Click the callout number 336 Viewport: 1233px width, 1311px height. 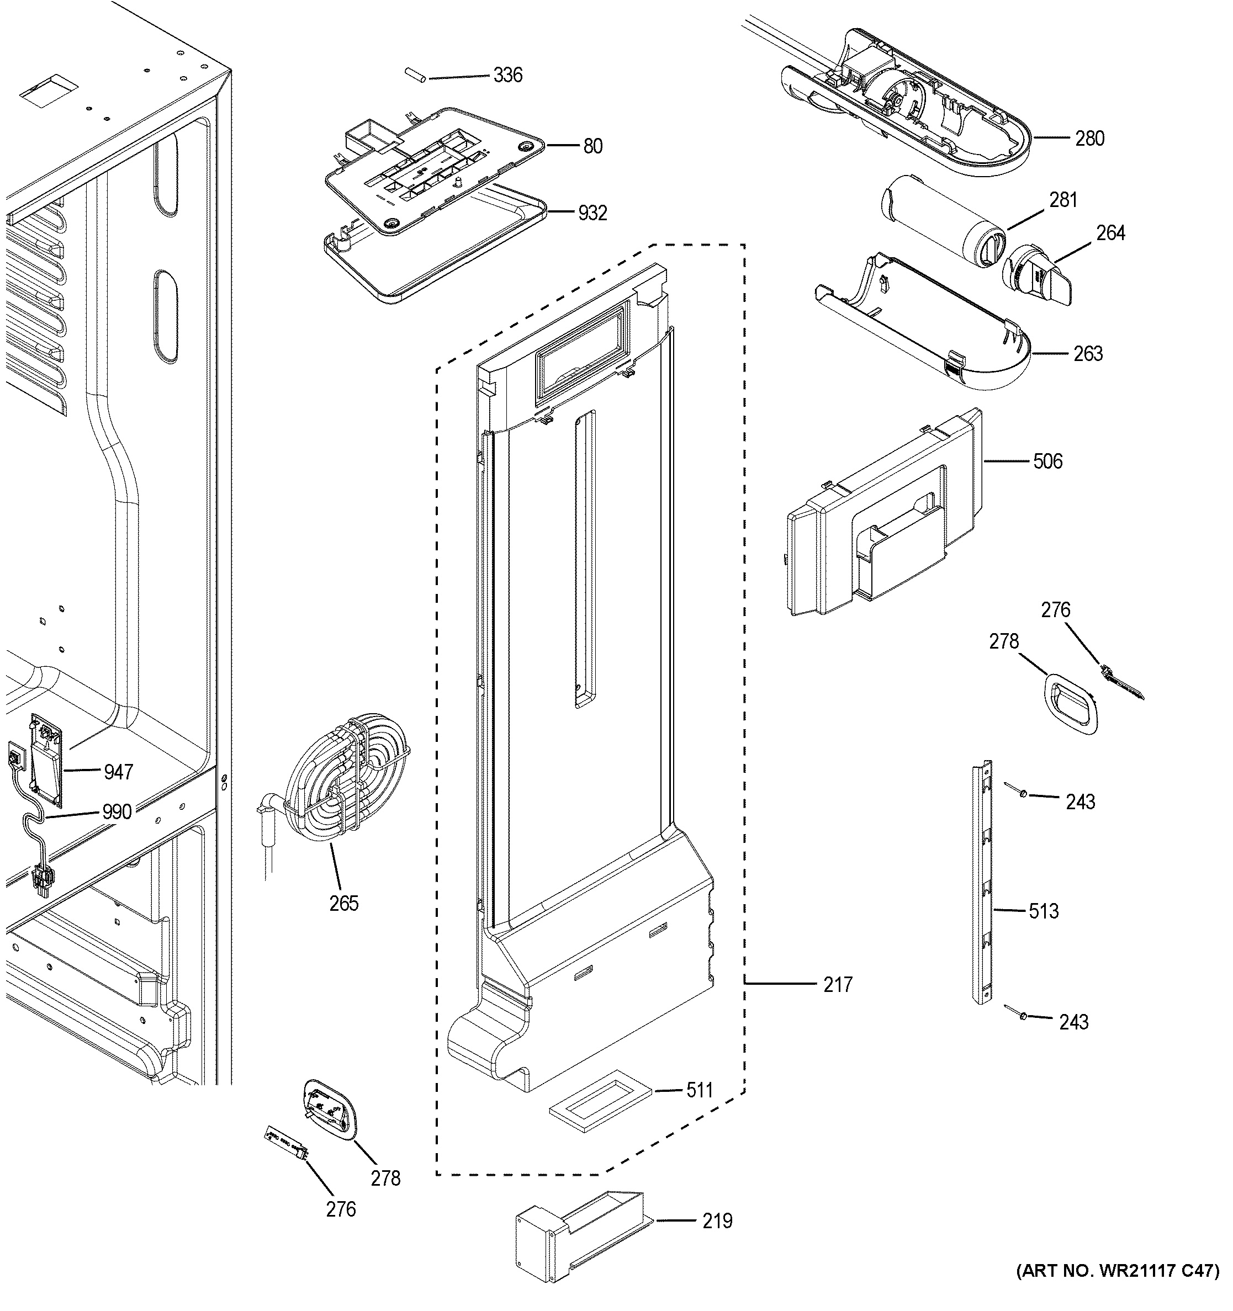pyautogui.click(x=507, y=76)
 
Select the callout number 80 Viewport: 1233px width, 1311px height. pyautogui.click(x=592, y=146)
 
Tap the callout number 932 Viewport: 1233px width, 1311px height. pyautogui.click(x=592, y=213)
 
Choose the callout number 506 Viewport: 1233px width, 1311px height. pyautogui.click(x=1047, y=461)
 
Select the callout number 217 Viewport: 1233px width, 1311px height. pyautogui.click(x=838, y=1003)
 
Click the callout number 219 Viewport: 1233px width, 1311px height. pyautogui.click(x=717, y=1222)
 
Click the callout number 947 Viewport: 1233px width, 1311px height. pyautogui.click(x=119, y=772)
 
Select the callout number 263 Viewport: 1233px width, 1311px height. pyautogui.click(x=1087, y=354)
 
